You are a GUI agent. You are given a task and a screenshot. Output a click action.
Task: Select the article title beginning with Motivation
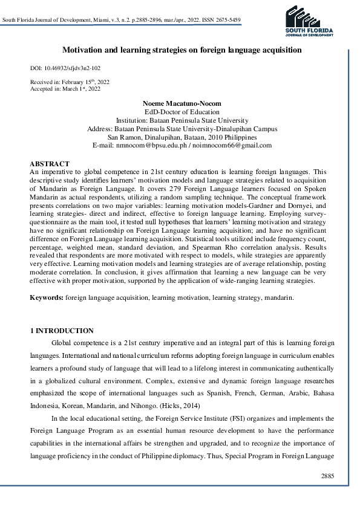coord(182,51)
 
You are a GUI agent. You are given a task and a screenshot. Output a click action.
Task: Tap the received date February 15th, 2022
coord(79,81)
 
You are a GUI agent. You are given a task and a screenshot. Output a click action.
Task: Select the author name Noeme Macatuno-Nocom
coord(182,103)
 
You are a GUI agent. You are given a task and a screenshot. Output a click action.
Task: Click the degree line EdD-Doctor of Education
coord(182,112)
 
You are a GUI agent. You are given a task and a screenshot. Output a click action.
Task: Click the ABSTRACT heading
coord(50,164)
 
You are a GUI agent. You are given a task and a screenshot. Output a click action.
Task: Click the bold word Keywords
coord(47,298)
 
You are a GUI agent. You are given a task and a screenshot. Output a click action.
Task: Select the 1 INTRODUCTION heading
coord(62,331)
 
